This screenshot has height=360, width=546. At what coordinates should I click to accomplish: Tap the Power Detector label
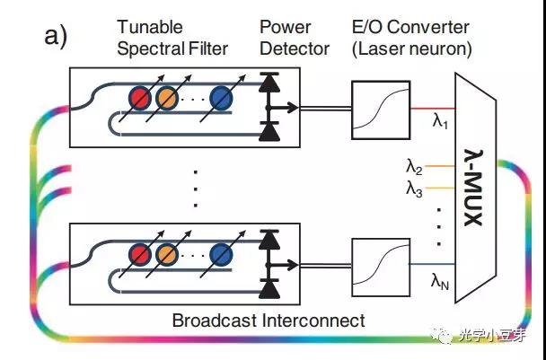pyautogui.click(x=294, y=39)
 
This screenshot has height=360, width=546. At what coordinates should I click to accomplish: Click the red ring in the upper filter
pyautogui.click(x=139, y=96)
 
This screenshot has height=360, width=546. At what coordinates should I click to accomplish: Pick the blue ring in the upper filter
pyautogui.click(x=221, y=96)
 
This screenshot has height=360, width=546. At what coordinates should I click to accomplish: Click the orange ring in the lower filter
pyautogui.click(x=166, y=255)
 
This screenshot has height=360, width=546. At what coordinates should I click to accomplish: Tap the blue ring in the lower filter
pyautogui.click(x=221, y=255)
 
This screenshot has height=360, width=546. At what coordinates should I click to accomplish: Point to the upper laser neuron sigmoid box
pyautogui.click(x=375, y=108)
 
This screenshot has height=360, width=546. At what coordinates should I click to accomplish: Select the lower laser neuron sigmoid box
pyautogui.click(x=375, y=266)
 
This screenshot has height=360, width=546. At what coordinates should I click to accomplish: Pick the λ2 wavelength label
pyautogui.click(x=414, y=165)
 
